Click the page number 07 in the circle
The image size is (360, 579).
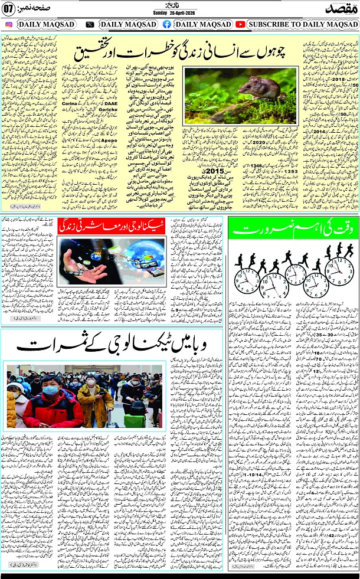[x=8, y=10]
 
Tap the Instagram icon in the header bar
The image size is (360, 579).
[x=9, y=25]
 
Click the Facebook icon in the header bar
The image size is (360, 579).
[x=166, y=25]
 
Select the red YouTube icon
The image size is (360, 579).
[x=241, y=25]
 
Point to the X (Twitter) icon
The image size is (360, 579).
[x=90, y=25]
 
